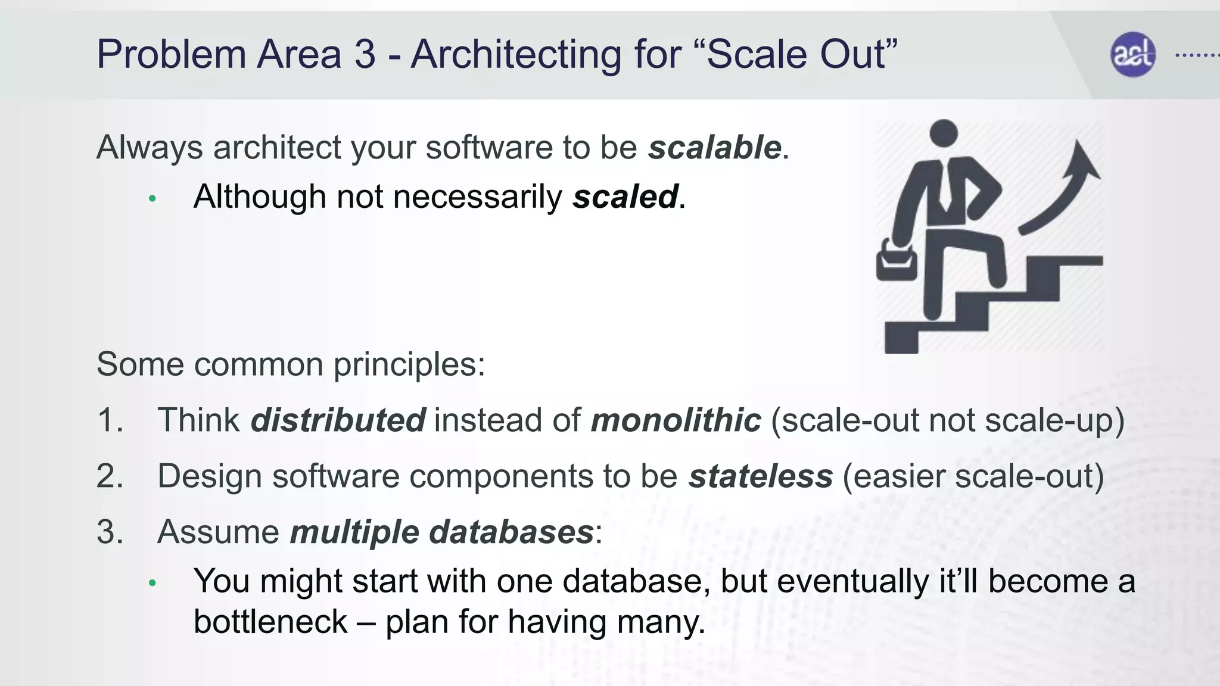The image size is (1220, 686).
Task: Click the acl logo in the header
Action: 1132,55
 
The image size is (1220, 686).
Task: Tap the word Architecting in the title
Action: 516,55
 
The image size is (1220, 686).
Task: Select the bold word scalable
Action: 714,147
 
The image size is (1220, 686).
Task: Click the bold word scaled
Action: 625,197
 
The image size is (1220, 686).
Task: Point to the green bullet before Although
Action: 152,199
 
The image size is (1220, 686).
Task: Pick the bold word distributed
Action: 338,420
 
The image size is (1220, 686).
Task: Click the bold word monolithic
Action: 676,420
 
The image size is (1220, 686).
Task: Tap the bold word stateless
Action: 760,476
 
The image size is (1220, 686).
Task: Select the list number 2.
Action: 110,476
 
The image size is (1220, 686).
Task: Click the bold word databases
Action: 511,532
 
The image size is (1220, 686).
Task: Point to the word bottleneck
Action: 270,622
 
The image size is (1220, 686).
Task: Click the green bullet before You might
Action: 152,583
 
